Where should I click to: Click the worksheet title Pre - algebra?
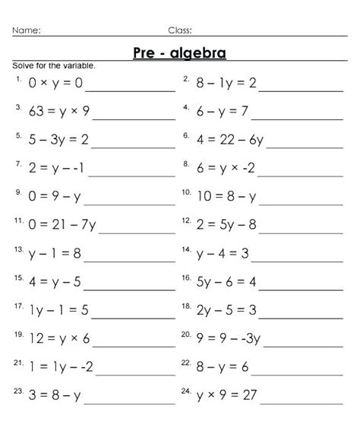(x=179, y=52)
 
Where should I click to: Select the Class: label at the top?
(x=179, y=30)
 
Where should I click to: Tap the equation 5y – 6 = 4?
(x=226, y=281)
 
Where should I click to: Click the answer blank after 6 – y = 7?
(x=300, y=118)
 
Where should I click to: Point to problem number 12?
(x=185, y=220)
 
